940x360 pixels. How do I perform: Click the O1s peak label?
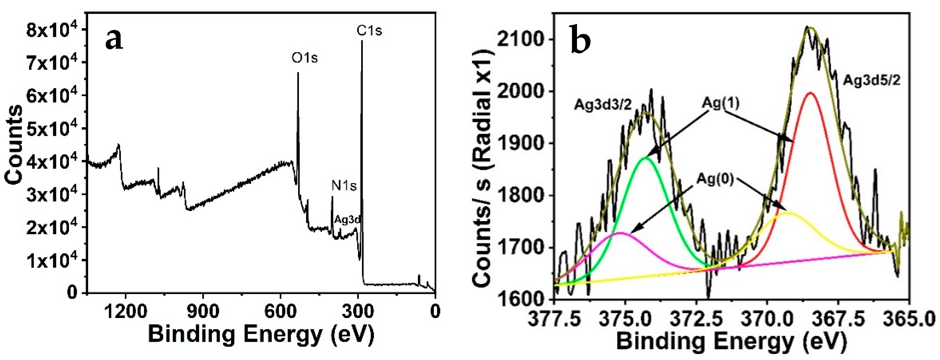click(304, 58)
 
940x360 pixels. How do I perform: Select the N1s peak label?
click(344, 186)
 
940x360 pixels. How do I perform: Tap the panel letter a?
click(114, 39)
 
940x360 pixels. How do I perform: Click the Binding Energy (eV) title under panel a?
click(261, 334)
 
